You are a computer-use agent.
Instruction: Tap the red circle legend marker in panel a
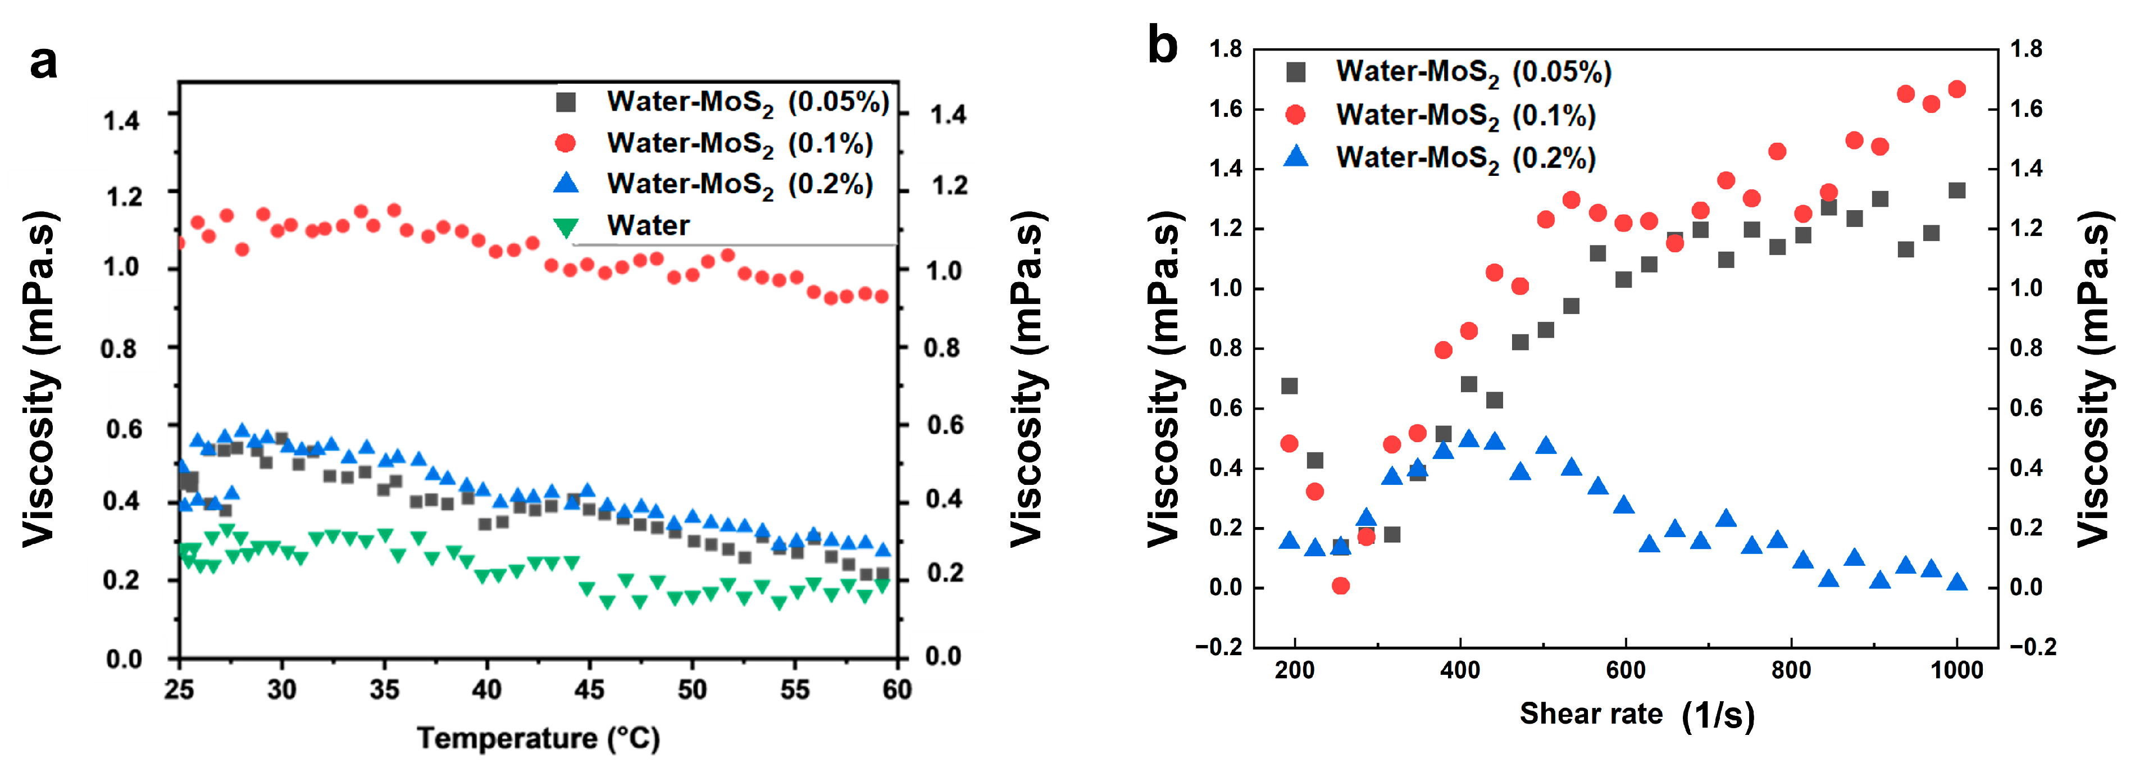(566, 143)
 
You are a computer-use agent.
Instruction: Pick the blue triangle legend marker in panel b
(1296, 157)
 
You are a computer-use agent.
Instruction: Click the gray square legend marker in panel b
(1296, 71)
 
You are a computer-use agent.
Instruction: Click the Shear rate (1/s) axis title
(1636, 714)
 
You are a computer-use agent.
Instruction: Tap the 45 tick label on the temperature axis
(589, 689)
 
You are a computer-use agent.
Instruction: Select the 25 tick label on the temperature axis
(179, 689)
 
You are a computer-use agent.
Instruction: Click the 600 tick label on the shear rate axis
(1624, 670)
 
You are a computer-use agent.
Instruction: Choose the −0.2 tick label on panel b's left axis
(1219, 647)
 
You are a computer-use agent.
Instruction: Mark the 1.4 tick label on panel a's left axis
(122, 121)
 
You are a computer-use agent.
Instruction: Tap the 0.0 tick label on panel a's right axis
(943, 656)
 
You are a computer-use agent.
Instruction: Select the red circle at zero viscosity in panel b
(1340, 586)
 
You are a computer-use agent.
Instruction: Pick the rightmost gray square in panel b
(1957, 190)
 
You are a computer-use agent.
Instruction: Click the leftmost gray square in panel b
(1289, 385)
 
